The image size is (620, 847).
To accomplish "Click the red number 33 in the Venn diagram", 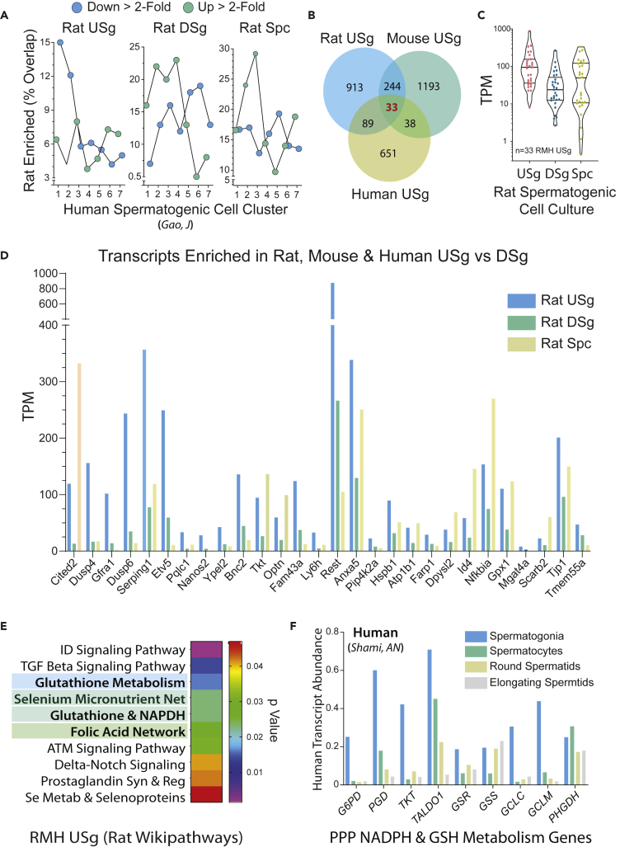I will (391, 106).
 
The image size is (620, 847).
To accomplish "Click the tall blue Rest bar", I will (332, 412).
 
